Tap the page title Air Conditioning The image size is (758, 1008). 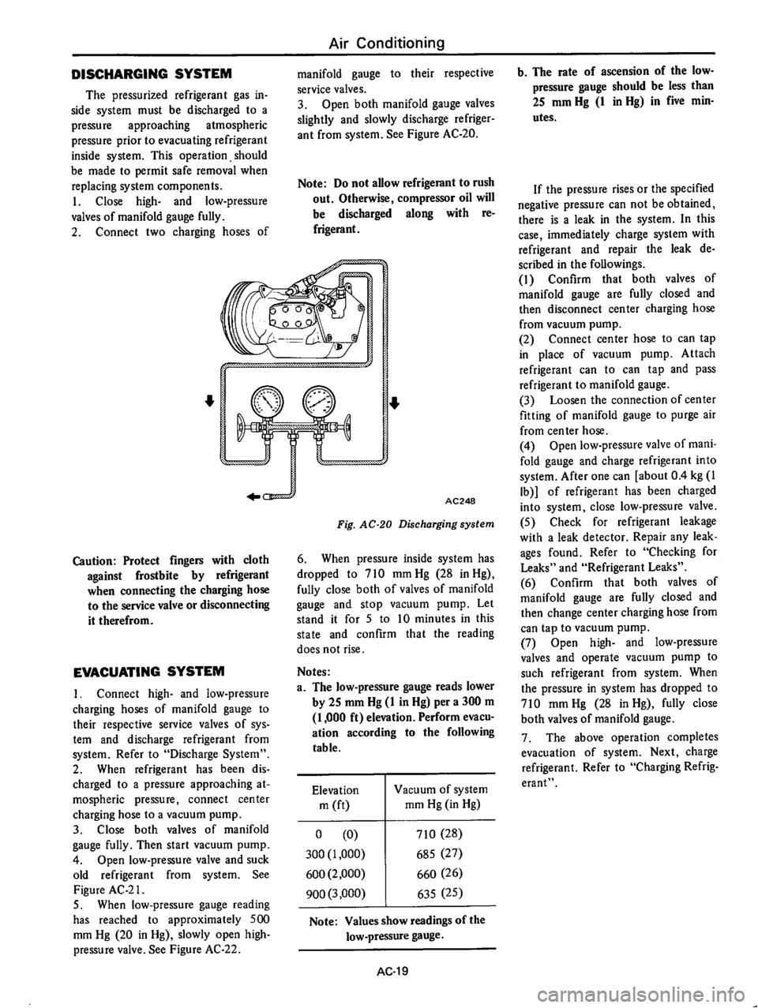378,42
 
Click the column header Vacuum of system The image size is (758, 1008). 432,795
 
